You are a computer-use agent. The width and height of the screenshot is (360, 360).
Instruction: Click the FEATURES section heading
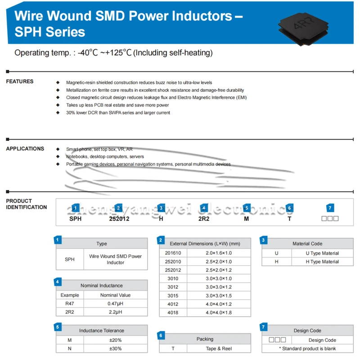coord(20,81)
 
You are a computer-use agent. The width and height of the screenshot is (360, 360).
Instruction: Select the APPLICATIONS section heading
coord(25,149)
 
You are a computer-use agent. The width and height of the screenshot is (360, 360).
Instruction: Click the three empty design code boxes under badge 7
coord(330,219)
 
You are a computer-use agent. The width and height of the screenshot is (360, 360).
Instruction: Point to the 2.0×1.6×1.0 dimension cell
coord(219,253)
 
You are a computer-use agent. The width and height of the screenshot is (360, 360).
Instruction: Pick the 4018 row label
coord(173,313)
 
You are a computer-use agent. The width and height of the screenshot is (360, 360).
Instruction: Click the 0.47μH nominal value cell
coord(115,304)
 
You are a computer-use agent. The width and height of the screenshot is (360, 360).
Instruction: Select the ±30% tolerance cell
coord(115,349)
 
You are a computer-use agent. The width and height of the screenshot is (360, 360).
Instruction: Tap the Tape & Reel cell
coord(219,349)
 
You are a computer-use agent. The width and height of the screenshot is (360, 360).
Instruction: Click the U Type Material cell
coord(322,253)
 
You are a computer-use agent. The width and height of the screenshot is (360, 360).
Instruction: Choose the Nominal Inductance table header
coord(101,285)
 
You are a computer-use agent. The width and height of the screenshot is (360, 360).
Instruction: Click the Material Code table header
coord(307,243)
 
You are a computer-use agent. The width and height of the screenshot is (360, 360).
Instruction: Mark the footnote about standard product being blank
coord(307,348)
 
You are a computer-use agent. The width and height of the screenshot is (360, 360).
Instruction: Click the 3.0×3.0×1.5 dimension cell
coord(219,296)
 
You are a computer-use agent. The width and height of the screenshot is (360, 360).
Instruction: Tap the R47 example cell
coord(69,304)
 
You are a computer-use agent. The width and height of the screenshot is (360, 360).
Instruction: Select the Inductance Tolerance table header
coord(101,330)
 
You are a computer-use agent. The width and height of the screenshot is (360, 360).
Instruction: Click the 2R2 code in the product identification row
coord(204,219)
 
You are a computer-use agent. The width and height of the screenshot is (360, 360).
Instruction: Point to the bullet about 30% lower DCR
coord(118,112)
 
